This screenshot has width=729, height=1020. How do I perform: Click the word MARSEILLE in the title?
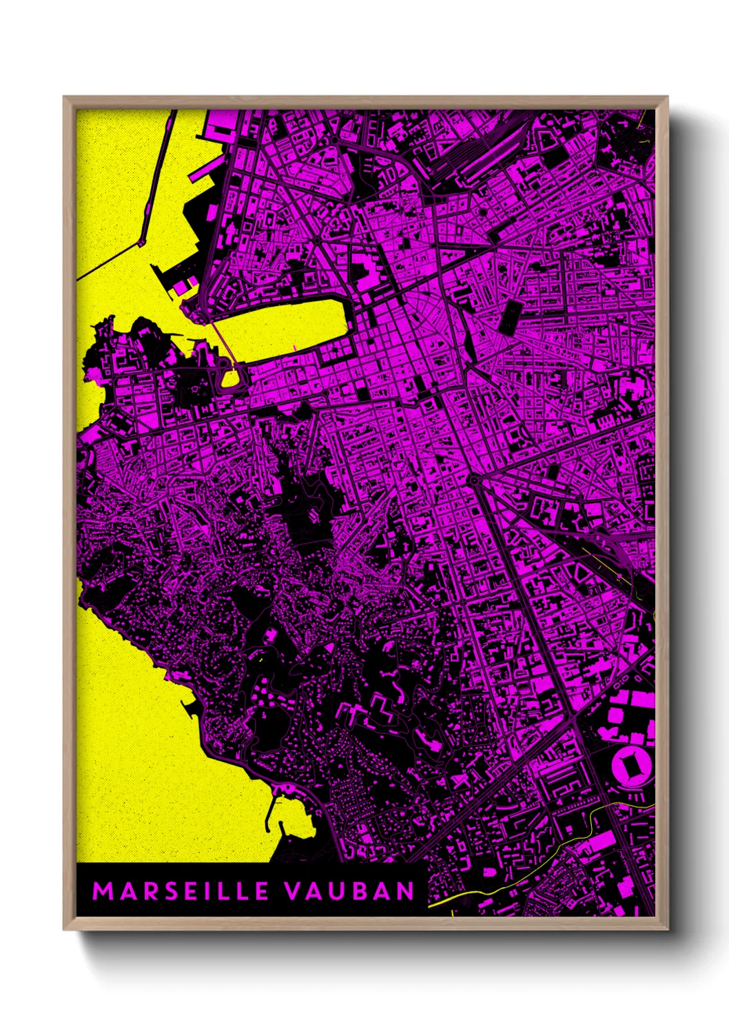pyautogui.click(x=181, y=891)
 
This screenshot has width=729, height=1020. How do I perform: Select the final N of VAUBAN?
pyautogui.click(x=405, y=891)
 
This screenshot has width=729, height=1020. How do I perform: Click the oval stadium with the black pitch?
pyautogui.click(x=629, y=765)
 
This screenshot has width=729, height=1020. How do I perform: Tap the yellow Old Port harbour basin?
pyautogui.click(x=289, y=327)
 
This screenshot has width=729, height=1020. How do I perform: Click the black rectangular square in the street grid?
pyautogui.click(x=511, y=317)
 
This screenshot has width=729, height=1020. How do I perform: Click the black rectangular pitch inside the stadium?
pyautogui.click(x=629, y=765)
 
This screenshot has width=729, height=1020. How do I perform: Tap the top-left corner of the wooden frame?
pyautogui.click(x=65, y=98)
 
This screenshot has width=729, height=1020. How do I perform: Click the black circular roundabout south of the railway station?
pyautogui.click(x=473, y=478)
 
